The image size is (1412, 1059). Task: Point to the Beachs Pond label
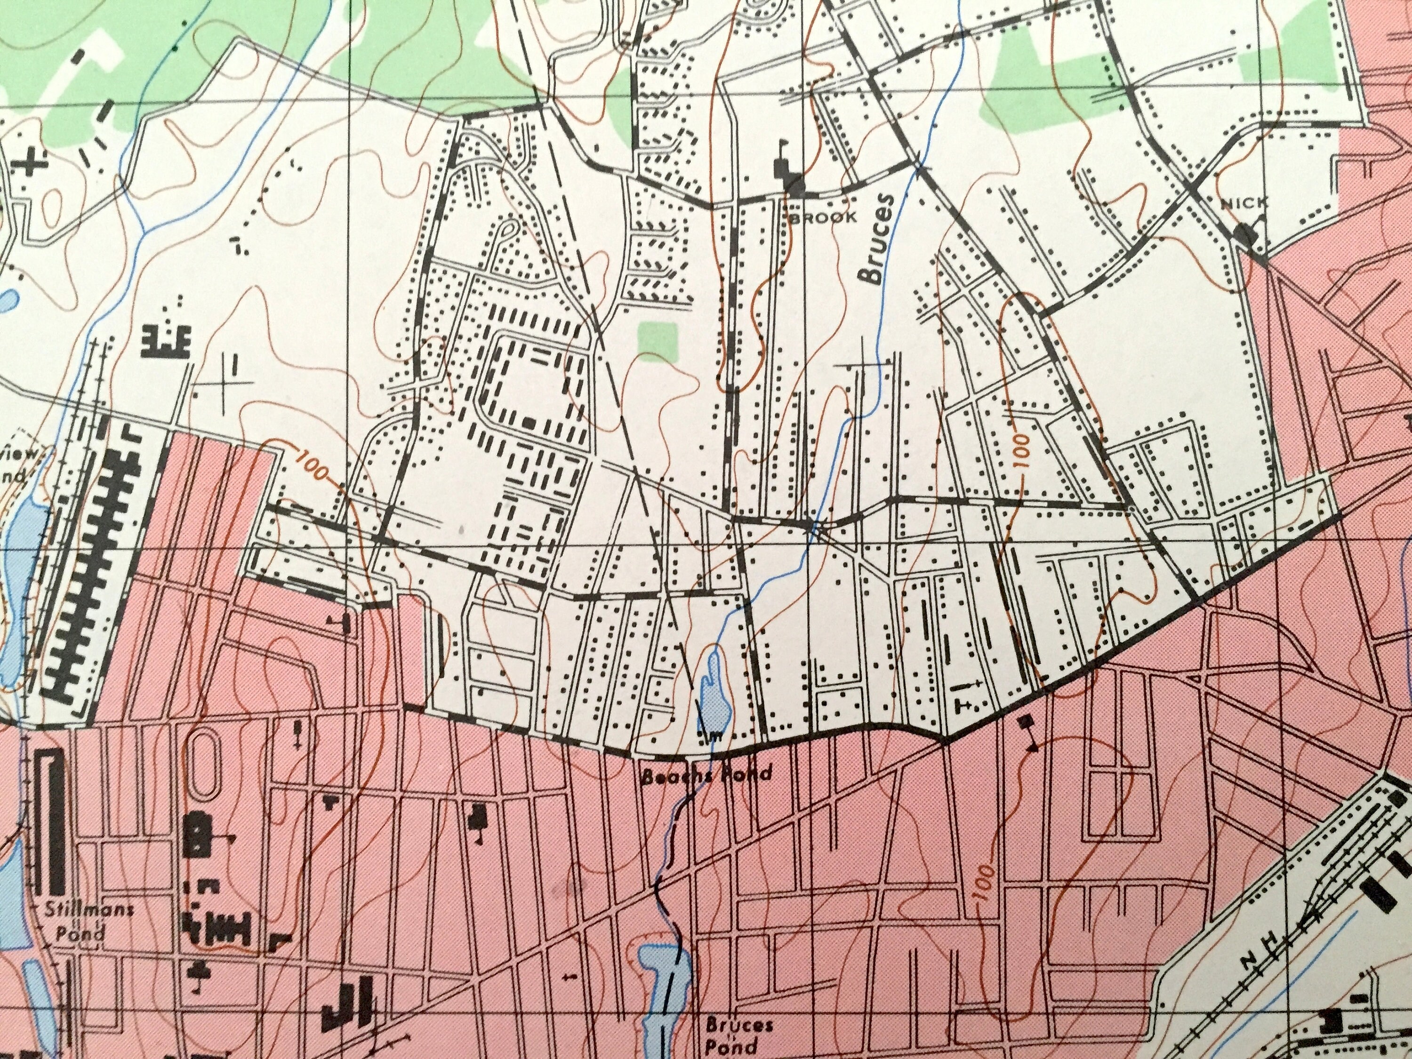[706, 774]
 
